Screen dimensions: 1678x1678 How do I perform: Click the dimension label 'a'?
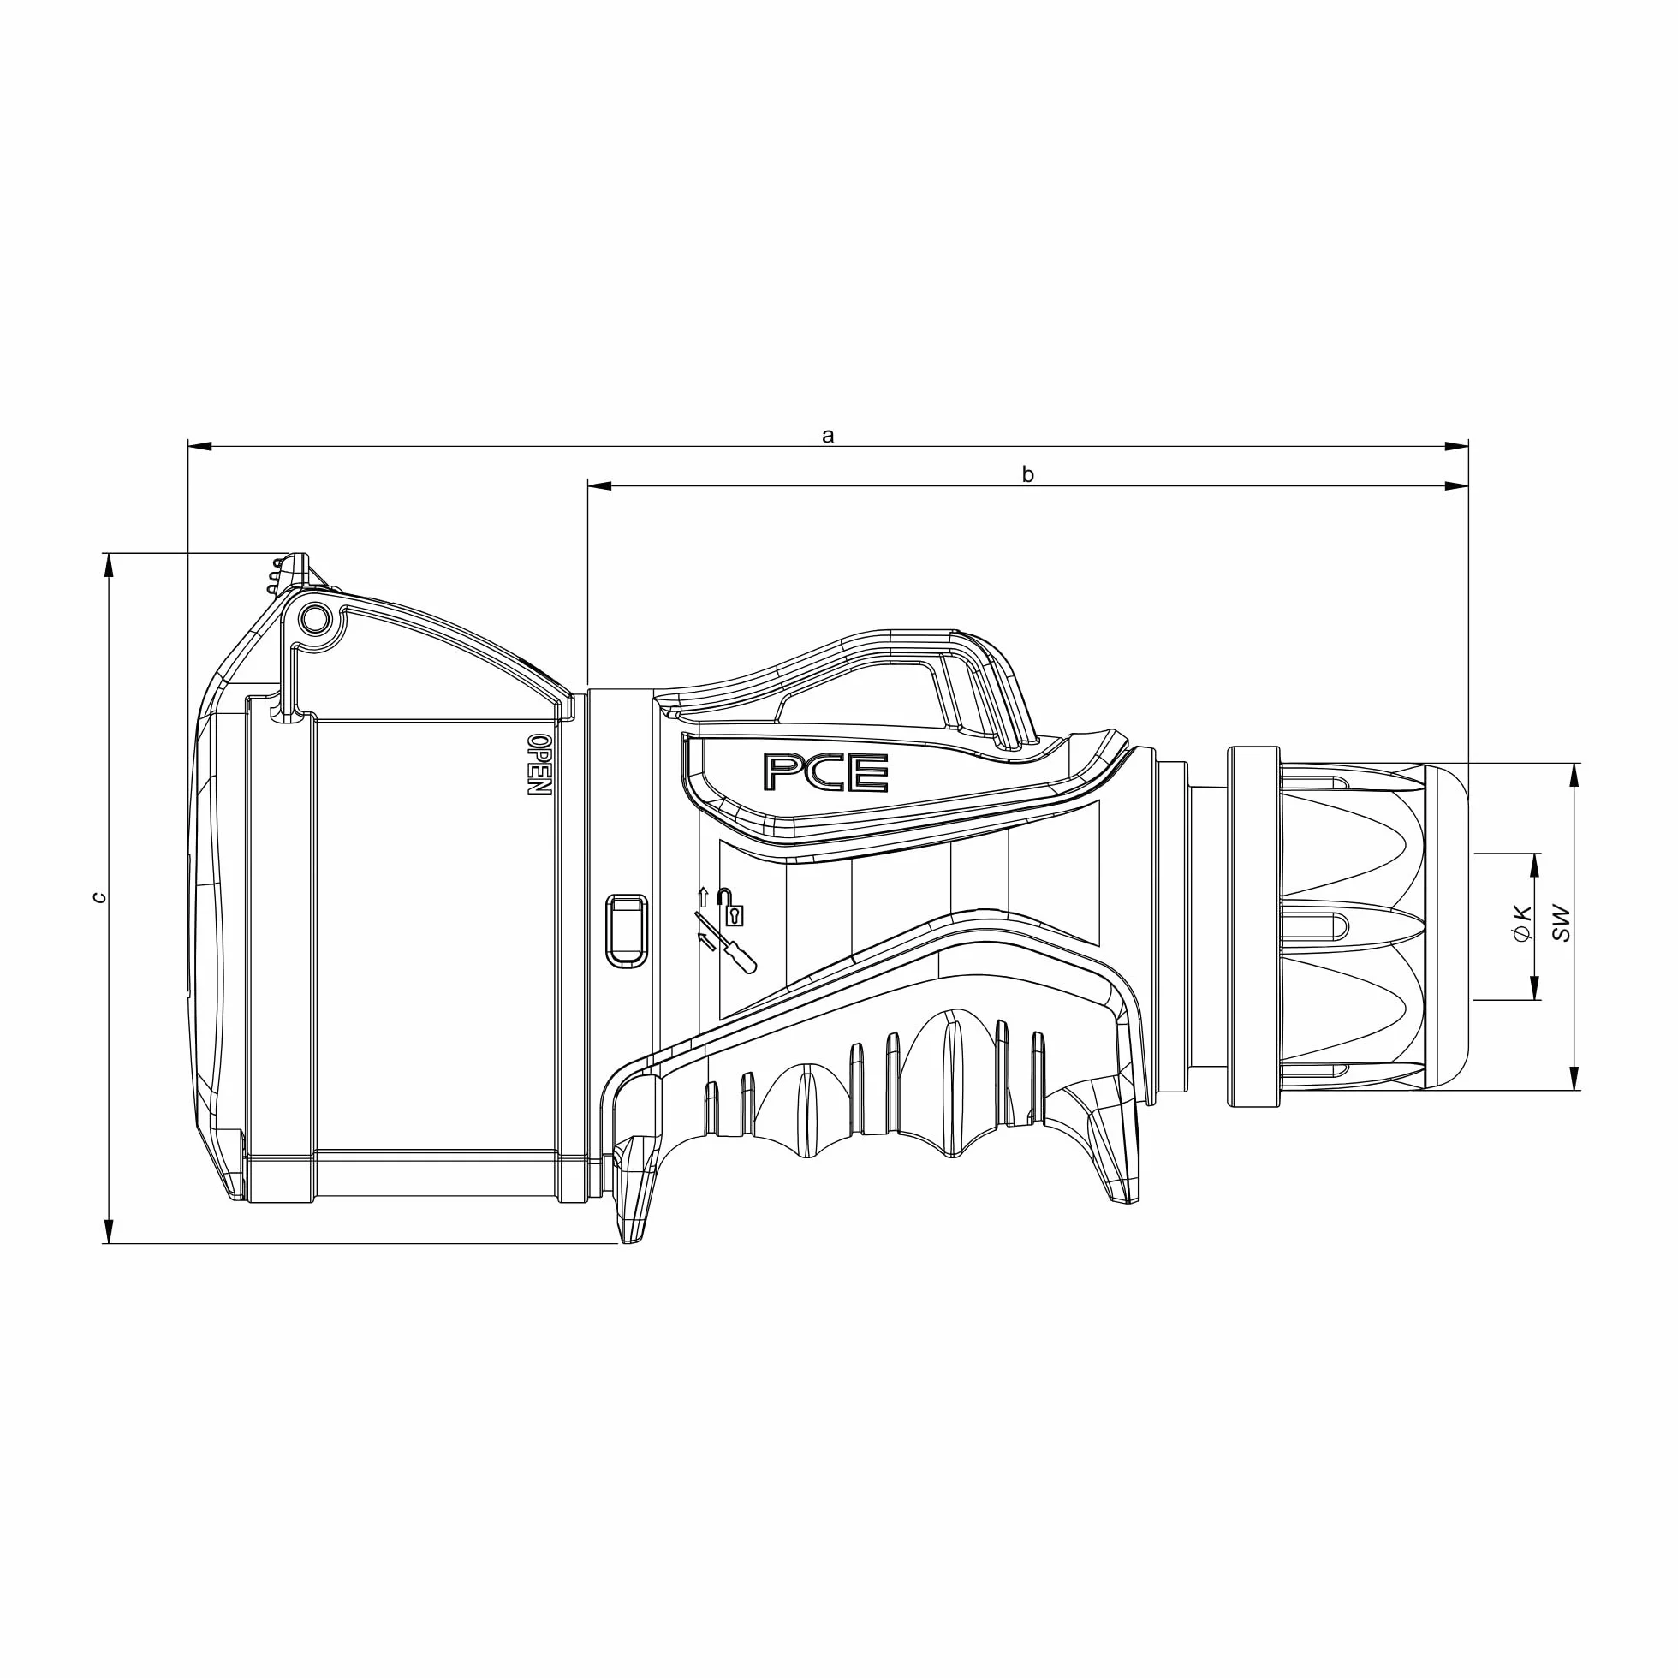coord(828,436)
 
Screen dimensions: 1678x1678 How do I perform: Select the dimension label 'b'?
coord(1027,474)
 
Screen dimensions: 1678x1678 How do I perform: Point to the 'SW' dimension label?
coord(1562,924)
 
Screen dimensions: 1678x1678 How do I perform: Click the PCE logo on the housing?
coord(825,771)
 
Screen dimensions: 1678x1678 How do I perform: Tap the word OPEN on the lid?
coord(539,765)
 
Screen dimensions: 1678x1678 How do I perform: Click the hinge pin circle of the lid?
coord(313,618)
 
